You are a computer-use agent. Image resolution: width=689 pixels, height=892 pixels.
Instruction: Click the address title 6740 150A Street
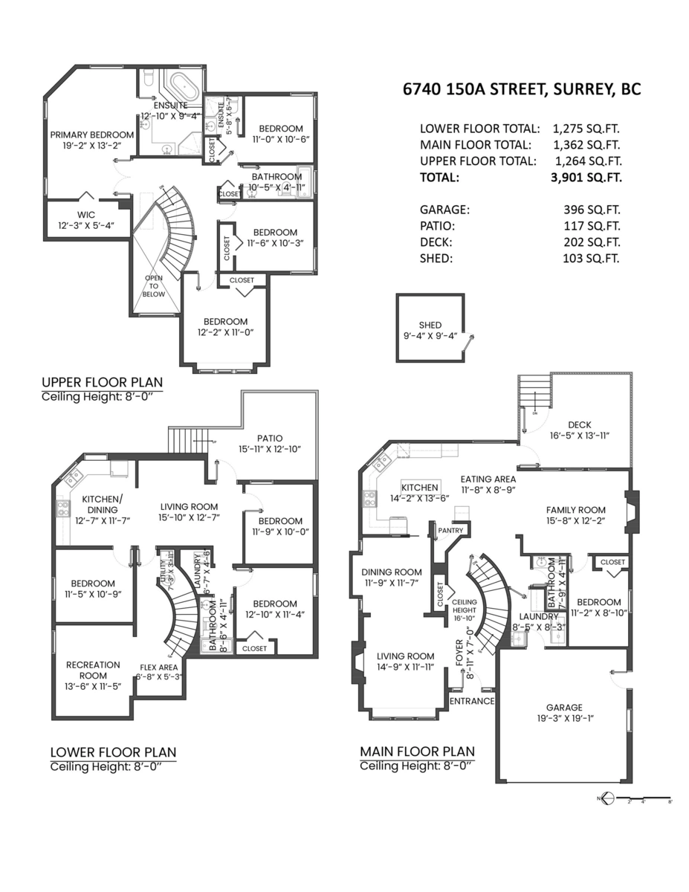[x=521, y=90]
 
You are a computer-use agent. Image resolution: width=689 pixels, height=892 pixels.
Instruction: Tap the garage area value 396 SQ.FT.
[x=592, y=210]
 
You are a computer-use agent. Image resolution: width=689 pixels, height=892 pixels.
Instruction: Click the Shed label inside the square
[x=430, y=325]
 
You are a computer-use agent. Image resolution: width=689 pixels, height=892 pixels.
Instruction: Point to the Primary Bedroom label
[x=92, y=135]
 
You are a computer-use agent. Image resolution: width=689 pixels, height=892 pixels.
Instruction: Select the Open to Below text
[x=154, y=286]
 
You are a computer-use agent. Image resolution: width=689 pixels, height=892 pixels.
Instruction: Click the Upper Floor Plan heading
[x=102, y=383]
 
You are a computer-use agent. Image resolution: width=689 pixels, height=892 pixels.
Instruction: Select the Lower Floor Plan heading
[x=113, y=752]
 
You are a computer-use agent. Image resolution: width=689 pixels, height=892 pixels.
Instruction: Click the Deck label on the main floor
[x=579, y=424]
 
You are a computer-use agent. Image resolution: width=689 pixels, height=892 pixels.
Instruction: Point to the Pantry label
[x=451, y=530]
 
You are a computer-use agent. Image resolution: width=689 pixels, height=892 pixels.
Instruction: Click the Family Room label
[x=575, y=510]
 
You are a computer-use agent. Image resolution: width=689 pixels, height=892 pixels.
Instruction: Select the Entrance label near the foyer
[x=472, y=700]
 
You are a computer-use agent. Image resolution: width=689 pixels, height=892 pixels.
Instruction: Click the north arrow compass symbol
[x=606, y=799]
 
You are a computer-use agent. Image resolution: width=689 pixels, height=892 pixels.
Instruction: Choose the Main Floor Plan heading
[x=417, y=752]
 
